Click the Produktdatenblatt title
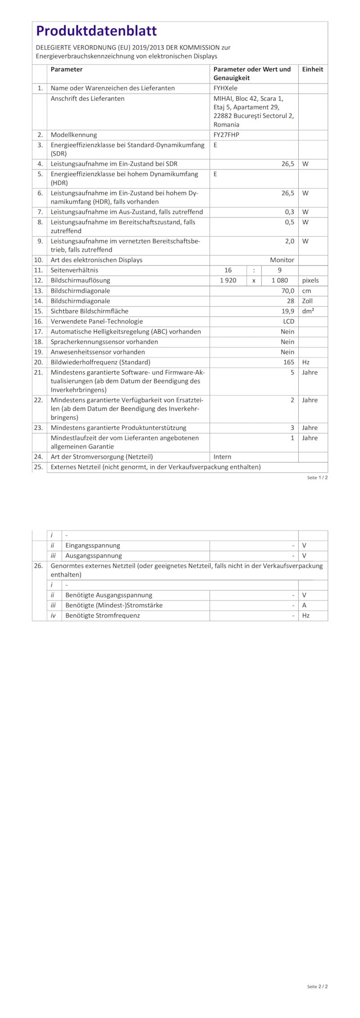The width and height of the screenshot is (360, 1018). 96,31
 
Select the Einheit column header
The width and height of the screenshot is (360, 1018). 312,69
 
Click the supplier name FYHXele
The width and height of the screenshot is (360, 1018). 225,88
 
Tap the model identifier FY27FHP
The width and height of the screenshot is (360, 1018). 226,135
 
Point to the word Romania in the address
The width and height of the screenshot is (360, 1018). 226,125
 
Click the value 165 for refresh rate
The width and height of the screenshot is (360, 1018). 288,362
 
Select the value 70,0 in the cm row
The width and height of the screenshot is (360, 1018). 288,291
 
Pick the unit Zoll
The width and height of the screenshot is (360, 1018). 307,301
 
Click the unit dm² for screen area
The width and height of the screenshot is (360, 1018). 308,311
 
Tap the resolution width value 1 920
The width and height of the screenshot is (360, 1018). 228,280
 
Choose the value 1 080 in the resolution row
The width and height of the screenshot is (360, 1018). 279,280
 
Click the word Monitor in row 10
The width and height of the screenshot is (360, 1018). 282,260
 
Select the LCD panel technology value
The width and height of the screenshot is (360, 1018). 288,321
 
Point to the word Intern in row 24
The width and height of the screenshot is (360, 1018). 222,457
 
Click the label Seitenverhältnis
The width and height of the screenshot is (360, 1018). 74,270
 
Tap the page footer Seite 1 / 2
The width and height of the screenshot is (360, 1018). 317,477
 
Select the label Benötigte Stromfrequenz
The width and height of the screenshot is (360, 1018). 103,616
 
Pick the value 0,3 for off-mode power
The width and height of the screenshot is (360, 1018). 289,212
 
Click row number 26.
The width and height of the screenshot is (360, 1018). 38,566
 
